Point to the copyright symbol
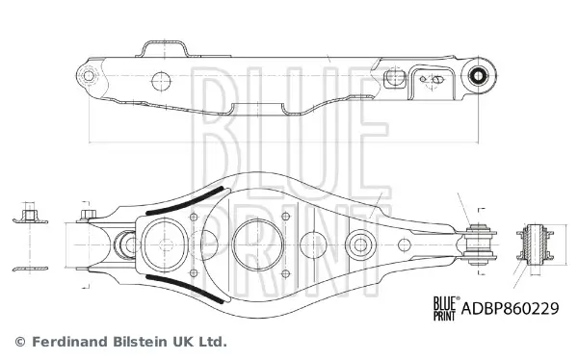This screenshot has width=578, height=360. pos(19,342)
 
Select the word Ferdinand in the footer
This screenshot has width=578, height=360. pos(67,342)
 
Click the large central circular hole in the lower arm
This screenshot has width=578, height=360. pos(255,241)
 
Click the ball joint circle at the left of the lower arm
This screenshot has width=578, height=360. pos(125,243)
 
